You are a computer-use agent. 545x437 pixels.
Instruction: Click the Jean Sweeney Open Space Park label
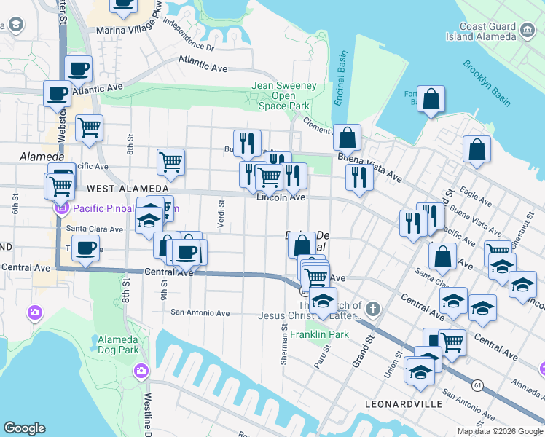[x=284, y=95]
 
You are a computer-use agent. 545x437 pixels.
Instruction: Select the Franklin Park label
[x=315, y=335]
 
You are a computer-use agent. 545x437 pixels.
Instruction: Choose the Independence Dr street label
[x=189, y=34]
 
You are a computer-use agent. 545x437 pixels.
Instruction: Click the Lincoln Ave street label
[x=281, y=197]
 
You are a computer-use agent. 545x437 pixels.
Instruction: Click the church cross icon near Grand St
[x=372, y=309]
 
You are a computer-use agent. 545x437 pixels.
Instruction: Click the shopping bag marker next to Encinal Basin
[x=348, y=136]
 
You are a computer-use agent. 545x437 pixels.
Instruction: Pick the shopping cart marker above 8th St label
[x=89, y=127]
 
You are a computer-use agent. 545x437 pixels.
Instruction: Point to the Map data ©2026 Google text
[x=499, y=431]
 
